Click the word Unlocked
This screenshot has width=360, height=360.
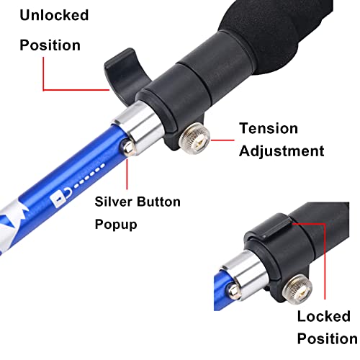54,15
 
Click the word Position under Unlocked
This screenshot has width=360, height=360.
50,45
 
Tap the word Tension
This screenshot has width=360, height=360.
269,128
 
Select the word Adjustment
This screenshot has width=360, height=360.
282,152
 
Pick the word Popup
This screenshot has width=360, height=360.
116,225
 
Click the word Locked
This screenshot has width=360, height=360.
324,316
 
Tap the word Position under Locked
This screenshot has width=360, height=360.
328,338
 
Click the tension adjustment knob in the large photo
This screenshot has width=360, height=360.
195,138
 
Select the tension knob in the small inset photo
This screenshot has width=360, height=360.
298,289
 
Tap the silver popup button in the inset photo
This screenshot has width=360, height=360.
233,291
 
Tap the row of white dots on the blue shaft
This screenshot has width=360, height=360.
89,176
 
